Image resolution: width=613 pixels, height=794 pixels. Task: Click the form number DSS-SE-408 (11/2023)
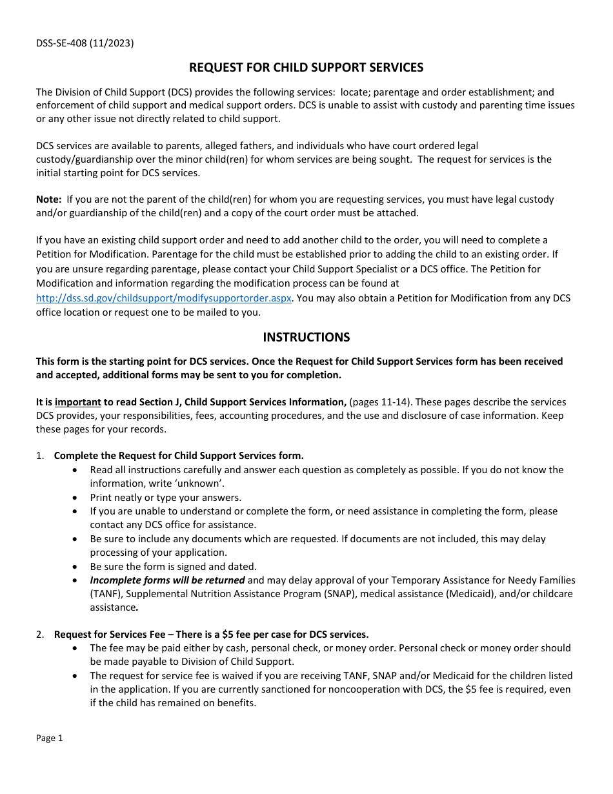[x=85, y=44]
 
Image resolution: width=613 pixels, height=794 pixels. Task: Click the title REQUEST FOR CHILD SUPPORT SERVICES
[x=306, y=68]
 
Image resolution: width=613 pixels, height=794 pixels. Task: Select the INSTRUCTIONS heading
[x=306, y=337]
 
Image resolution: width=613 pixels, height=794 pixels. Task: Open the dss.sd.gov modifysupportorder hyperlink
[x=164, y=298]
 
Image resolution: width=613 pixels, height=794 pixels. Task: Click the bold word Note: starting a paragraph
[x=49, y=199]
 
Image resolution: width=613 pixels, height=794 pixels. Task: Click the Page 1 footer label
[x=50, y=738]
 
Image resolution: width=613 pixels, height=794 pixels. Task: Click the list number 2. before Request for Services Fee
[x=40, y=634]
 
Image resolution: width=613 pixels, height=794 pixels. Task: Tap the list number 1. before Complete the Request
[x=40, y=456]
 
